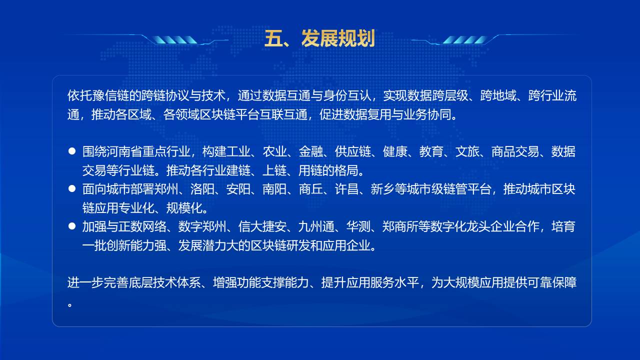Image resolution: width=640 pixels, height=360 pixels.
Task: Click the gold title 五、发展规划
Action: tap(319, 38)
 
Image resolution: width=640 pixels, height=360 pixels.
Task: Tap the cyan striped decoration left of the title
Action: tap(174, 40)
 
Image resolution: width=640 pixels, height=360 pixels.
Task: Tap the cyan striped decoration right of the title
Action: tap(465, 40)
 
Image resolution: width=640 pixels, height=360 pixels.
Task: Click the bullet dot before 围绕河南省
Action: tap(72, 151)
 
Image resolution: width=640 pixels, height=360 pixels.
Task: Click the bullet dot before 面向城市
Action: tap(72, 188)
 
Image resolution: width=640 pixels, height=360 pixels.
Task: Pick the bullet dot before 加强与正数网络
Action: tap(72, 226)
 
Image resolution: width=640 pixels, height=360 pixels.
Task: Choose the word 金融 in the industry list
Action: tap(310, 151)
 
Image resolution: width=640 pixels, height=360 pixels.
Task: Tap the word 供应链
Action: tap(352, 151)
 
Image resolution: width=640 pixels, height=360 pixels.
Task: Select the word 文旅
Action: tap(467, 151)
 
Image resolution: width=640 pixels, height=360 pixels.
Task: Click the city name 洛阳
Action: tap(202, 189)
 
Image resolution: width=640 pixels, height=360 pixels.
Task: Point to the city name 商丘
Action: tap(310, 189)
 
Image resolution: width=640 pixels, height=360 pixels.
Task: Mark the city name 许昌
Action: tap(346, 189)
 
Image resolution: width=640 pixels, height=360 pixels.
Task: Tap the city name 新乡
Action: tap(382, 189)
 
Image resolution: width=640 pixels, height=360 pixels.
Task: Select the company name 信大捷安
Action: tap(262, 226)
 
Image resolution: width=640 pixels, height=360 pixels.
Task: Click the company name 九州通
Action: tap(316, 226)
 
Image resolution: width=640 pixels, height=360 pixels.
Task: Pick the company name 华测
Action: tap(358, 226)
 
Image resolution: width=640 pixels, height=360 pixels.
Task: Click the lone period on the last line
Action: tap(69, 305)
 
